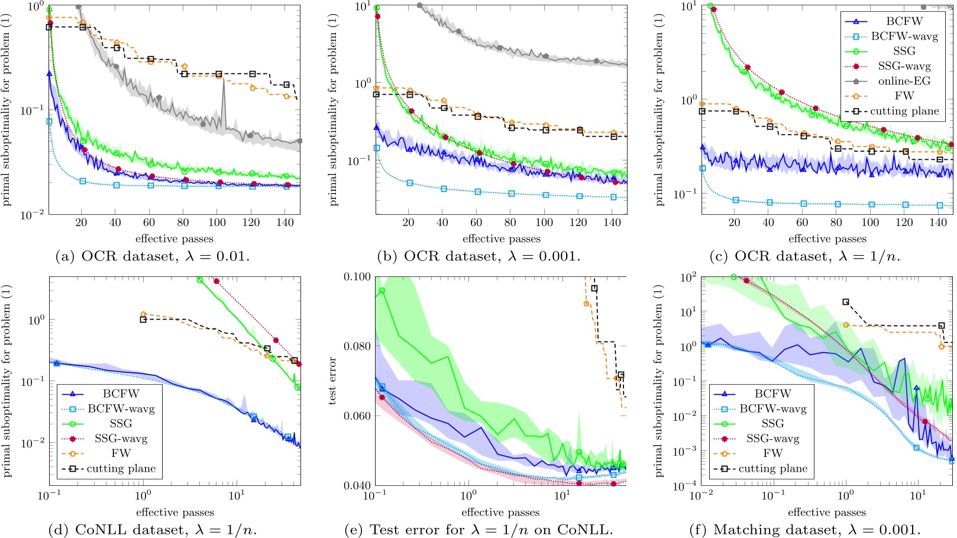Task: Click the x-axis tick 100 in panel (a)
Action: tap(217, 223)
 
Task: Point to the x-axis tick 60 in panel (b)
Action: tap(476, 223)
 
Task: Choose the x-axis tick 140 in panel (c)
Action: tap(938, 223)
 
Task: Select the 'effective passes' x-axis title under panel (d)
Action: tap(174, 512)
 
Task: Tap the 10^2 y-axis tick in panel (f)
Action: tap(688, 277)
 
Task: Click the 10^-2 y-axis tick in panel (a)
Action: tap(31, 214)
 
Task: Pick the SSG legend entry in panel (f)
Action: tap(772, 423)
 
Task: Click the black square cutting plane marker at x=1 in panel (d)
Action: tap(143, 320)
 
